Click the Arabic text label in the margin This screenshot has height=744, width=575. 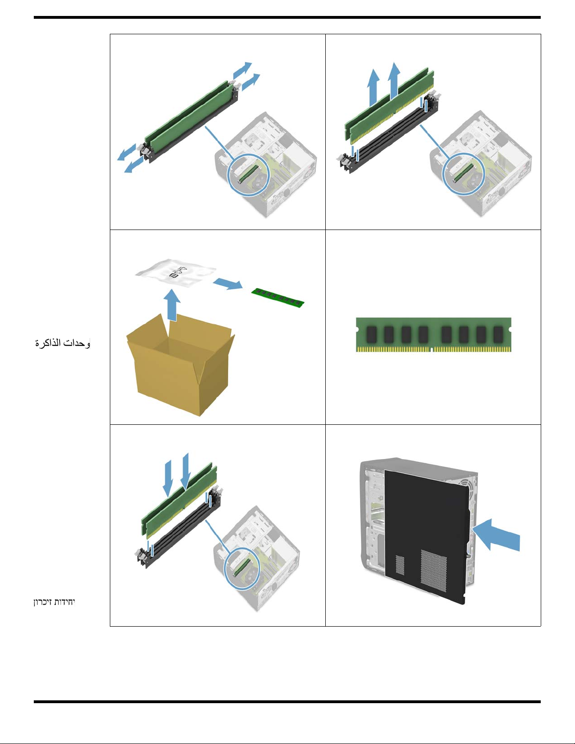coord(62,343)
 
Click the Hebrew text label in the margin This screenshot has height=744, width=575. coord(54,601)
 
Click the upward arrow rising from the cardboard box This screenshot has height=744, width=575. coord(173,305)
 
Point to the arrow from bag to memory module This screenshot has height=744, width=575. coord(228,284)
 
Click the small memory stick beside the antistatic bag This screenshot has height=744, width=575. coord(278,298)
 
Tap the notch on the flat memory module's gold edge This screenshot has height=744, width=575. coord(431,349)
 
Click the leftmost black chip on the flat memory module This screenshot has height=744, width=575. coord(371,335)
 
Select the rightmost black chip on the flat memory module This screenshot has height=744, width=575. coord(498,335)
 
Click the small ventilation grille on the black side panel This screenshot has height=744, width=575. coord(400,565)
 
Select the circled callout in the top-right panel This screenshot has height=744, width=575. coord(463,174)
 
